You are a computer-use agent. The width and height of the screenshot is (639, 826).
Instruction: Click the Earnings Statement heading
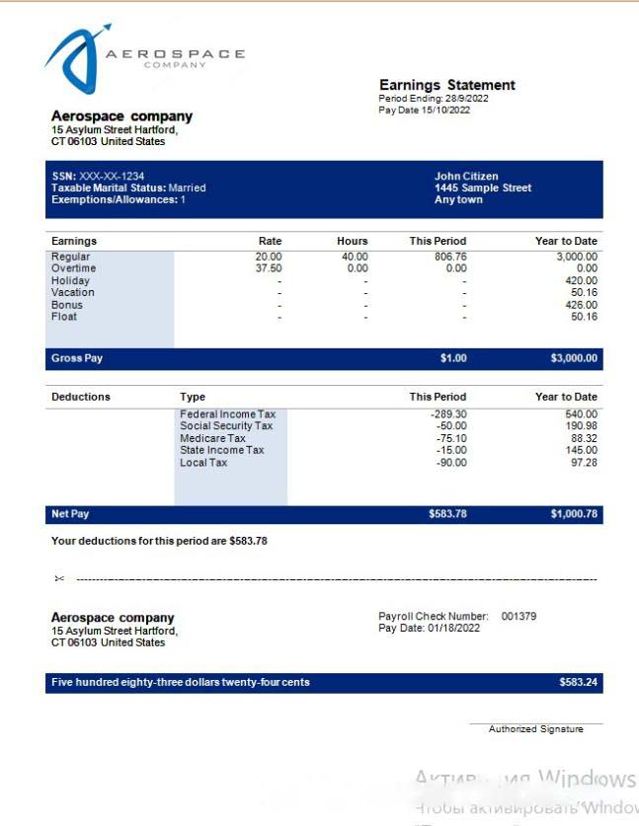[x=447, y=85]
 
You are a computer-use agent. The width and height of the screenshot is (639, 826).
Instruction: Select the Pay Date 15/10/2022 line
[x=425, y=110]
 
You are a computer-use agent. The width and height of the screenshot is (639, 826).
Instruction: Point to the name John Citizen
[x=466, y=177]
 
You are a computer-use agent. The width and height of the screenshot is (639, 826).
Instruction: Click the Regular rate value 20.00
[x=268, y=257]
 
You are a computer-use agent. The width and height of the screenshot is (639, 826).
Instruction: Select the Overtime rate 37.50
[x=268, y=268]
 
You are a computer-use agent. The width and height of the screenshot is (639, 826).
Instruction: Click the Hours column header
[x=352, y=241]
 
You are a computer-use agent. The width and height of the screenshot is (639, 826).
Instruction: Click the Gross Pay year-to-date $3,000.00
[x=574, y=358]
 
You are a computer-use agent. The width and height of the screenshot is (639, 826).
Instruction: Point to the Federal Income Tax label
[x=228, y=414]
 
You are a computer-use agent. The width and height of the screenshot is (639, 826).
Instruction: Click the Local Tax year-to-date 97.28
[x=584, y=462]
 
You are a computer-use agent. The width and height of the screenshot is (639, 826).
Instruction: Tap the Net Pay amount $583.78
[x=447, y=514]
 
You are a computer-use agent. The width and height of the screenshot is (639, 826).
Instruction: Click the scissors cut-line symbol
[x=59, y=578]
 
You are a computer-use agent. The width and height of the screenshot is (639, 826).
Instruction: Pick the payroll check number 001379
[x=519, y=616]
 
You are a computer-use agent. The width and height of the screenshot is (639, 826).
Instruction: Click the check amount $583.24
[x=578, y=682]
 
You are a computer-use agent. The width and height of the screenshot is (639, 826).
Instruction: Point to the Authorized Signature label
[x=535, y=729]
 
